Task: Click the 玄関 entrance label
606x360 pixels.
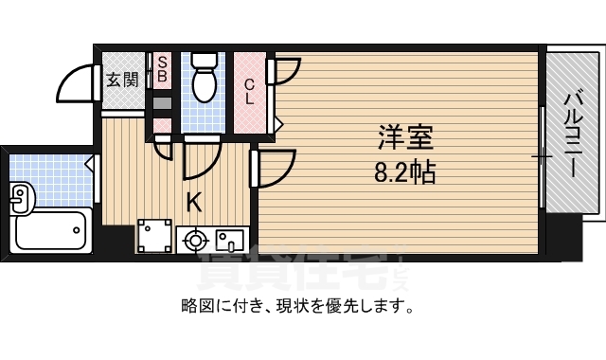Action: coord(121,80)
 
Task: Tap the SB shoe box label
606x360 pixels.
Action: coord(162,67)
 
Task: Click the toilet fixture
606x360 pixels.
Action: coord(204,78)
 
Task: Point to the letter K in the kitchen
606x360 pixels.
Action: coord(193,202)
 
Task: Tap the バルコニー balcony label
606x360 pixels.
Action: coord(573,133)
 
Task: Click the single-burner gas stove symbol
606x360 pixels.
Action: coord(196,241)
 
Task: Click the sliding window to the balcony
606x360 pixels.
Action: coord(544,156)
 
